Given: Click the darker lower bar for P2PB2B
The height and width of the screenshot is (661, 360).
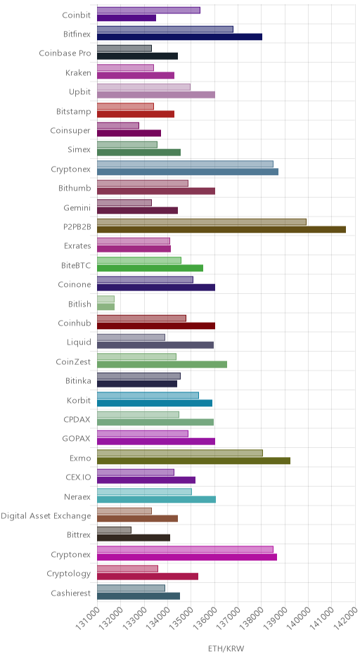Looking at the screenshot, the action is click(x=221, y=229).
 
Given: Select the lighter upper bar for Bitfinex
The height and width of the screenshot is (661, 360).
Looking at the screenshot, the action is click(x=165, y=29).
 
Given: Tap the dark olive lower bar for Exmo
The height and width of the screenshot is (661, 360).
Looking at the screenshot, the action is click(x=194, y=461).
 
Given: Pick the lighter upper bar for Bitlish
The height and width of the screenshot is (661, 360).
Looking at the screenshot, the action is click(x=105, y=299).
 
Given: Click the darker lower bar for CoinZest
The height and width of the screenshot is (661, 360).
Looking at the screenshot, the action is click(x=162, y=364).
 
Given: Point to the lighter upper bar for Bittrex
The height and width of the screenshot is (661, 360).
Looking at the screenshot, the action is click(x=114, y=530).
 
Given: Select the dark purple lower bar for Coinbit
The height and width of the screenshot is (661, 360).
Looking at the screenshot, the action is click(x=127, y=18).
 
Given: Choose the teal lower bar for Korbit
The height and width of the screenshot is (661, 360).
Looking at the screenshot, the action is click(x=155, y=403).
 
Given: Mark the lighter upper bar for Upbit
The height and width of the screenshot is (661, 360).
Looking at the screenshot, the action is click(x=143, y=86).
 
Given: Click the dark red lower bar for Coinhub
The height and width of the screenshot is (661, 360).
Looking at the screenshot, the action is click(x=156, y=326).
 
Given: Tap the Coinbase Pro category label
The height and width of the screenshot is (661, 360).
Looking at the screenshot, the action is click(x=65, y=53).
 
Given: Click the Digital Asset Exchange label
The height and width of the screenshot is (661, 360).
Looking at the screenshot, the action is click(x=46, y=516).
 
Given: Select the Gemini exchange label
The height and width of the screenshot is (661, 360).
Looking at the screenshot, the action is click(x=77, y=207).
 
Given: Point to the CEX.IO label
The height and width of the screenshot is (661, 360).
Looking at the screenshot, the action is click(x=78, y=477).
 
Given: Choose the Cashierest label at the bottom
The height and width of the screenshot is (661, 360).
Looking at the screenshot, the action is click(x=71, y=593).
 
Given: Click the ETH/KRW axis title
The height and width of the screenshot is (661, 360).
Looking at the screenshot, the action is click(x=226, y=648).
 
